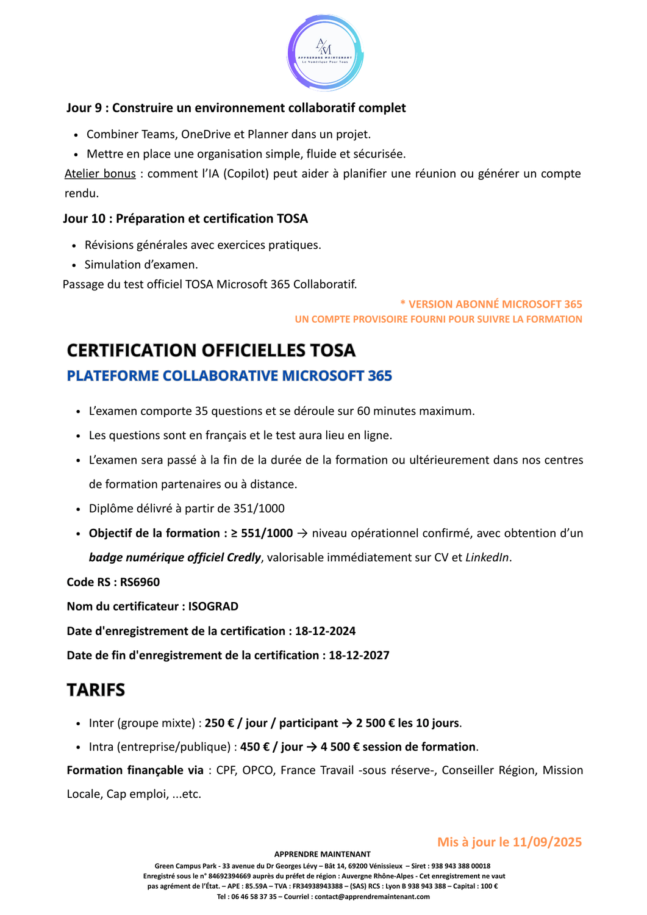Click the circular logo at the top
(325, 53)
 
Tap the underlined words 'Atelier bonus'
(100, 174)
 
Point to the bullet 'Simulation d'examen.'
(141, 265)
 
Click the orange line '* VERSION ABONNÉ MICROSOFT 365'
(491, 304)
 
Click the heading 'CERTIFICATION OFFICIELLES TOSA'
(211, 350)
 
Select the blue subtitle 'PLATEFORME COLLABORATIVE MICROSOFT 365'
(229, 376)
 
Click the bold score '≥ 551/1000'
(262, 533)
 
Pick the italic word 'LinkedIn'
(487, 558)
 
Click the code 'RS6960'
(140, 582)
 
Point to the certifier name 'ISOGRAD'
(213, 606)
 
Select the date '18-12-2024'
(325, 631)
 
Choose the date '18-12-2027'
(359, 655)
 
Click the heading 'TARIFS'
(96, 690)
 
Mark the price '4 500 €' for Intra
(340, 747)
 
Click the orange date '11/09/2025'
(547, 842)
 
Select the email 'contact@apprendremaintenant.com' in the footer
(372, 897)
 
